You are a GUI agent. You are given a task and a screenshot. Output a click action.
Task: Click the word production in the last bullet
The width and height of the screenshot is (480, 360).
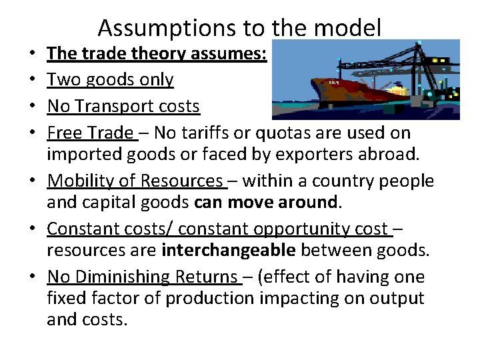click(x=209, y=298)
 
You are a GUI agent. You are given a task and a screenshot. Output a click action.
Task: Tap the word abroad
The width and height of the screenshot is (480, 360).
click(x=407, y=154)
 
